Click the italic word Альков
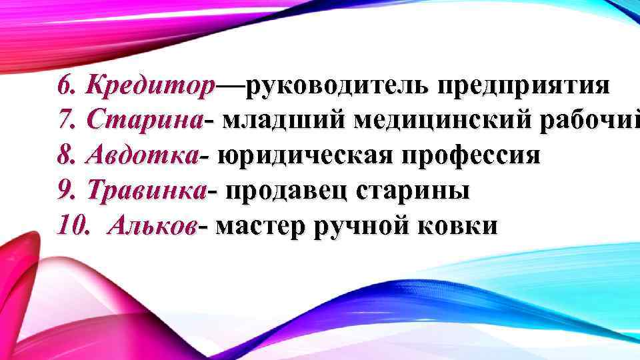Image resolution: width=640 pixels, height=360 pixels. pyautogui.click(x=155, y=226)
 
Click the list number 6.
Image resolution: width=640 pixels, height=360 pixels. pyautogui.click(x=65, y=86)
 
